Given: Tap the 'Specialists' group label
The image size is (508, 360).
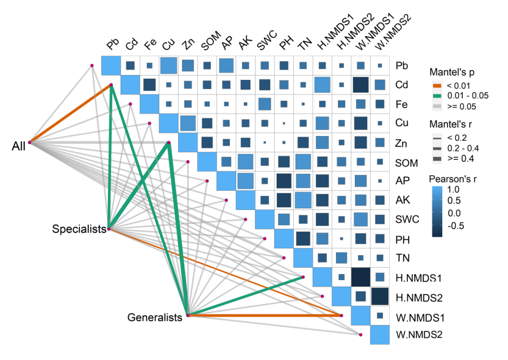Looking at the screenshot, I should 79,229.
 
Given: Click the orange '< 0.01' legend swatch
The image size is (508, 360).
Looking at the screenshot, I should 437,85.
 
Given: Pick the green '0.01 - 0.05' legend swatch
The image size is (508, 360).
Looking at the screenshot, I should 437,96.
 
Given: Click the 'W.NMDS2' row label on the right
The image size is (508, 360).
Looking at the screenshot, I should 419,334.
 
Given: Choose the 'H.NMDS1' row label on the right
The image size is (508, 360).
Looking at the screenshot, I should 419,278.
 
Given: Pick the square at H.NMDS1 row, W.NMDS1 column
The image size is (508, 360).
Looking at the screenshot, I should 361,277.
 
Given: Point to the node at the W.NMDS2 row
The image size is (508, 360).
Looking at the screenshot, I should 360,335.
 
